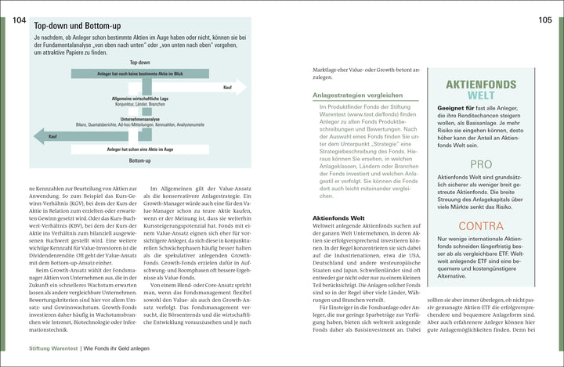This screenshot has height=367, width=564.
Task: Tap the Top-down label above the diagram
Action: click(x=140, y=62)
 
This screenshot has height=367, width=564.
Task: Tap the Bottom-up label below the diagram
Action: click(x=140, y=160)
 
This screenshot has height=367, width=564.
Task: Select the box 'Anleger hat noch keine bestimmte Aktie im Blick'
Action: click(x=139, y=74)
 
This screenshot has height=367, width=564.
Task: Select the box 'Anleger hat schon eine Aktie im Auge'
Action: click(x=139, y=148)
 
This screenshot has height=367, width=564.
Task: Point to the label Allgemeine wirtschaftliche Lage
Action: click(x=139, y=98)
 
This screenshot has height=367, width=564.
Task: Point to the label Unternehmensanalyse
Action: click(x=140, y=119)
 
